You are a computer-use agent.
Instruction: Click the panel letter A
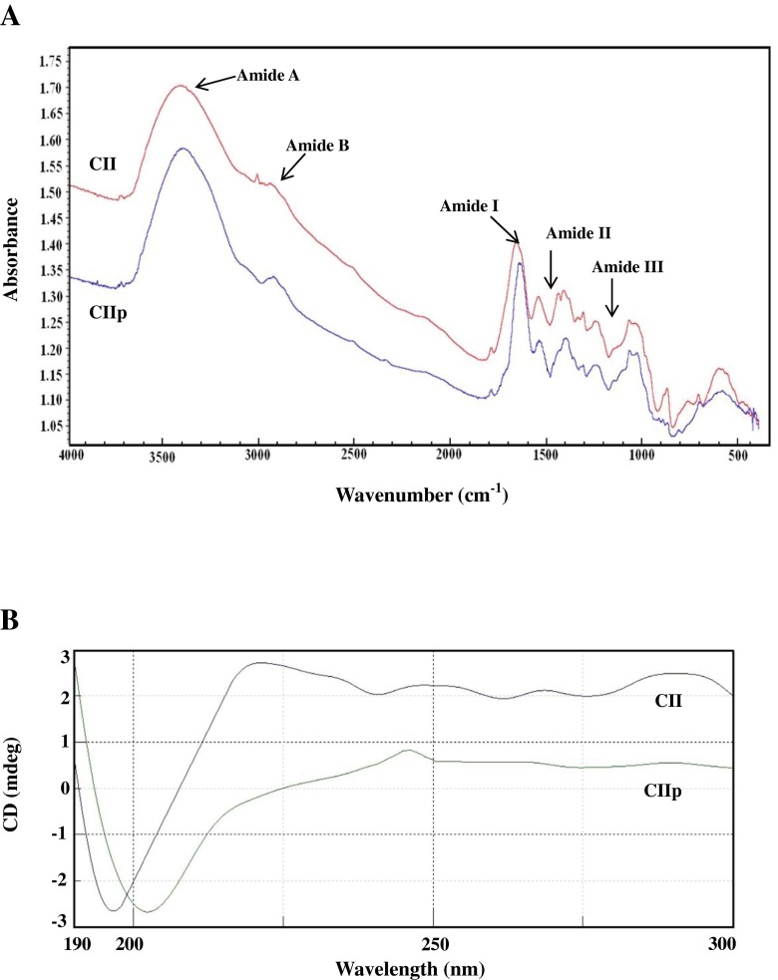click(13, 17)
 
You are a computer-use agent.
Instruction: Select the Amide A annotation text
click(267, 74)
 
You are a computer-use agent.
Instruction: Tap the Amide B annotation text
click(316, 146)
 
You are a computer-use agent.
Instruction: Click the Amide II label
click(578, 232)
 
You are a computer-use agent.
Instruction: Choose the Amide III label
click(627, 267)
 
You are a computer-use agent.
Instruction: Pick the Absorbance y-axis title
click(12, 247)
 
